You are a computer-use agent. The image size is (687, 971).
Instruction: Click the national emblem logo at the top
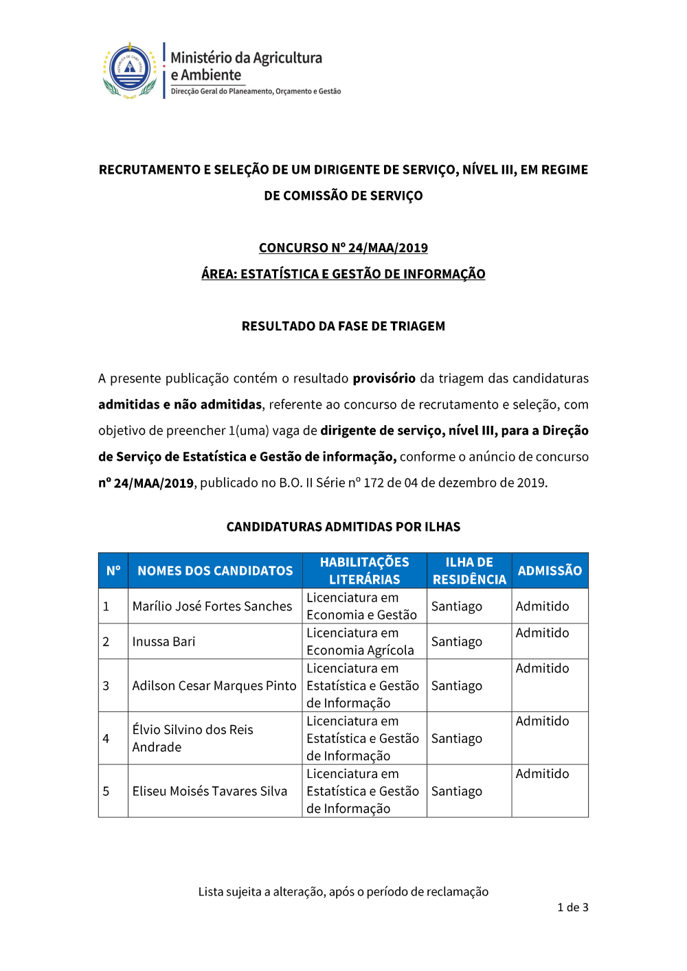pyautogui.click(x=130, y=70)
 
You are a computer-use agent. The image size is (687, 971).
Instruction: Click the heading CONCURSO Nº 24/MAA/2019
pyautogui.click(x=343, y=248)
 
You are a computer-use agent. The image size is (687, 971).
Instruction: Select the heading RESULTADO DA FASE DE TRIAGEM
pyautogui.click(x=343, y=326)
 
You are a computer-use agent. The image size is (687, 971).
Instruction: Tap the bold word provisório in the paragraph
pyautogui.click(x=384, y=378)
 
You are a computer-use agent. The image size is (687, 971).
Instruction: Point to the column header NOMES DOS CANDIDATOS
pyautogui.click(x=215, y=571)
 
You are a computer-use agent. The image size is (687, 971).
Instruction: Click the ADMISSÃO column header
pyautogui.click(x=550, y=571)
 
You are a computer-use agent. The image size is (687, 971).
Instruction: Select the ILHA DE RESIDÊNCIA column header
pyautogui.click(x=469, y=571)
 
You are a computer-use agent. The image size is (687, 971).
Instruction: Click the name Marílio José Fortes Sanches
pyautogui.click(x=212, y=606)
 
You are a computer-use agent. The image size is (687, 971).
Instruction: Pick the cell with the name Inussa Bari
pyautogui.click(x=164, y=641)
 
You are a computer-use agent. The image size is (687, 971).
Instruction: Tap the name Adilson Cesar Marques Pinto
pyautogui.click(x=214, y=685)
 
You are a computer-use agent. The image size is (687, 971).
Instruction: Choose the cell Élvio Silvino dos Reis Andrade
pyautogui.click(x=193, y=738)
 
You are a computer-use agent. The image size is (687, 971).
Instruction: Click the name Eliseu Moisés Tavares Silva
pyautogui.click(x=210, y=791)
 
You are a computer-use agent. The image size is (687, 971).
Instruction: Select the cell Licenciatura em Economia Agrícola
pyautogui.click(x=361, y=641)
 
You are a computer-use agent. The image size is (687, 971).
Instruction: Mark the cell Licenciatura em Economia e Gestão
pyautogui.click(x=362, y=606)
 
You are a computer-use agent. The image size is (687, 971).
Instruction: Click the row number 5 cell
pyautogui.click(x=106, y=791)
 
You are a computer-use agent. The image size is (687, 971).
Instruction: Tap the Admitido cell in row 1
pyautogui.click(x=543, y=606)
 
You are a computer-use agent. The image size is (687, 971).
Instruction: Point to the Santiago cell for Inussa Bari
pyautogui.click(x=457, y=641)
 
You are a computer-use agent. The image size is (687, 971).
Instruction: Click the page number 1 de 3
pyautogui.click(x=573, y=907)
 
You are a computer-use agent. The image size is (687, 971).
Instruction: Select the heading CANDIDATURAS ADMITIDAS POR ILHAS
pyautogui.click(x=343, y=527)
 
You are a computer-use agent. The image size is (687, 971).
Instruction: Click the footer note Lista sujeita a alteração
pyautogui.click(x=343, y=891)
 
